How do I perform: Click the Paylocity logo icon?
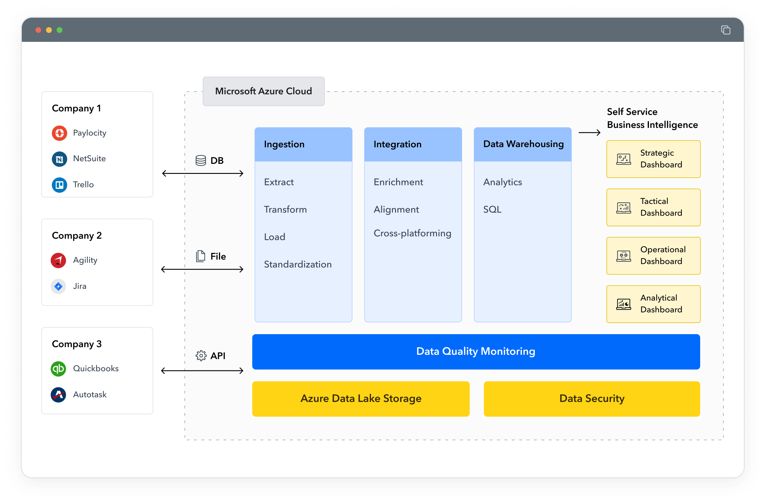click(60, 133)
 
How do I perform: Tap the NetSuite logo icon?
click(60, 159)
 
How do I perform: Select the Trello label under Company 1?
click(83, 184)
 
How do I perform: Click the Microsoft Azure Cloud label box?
click(263, 91)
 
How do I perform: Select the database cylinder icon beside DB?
click(201, 160)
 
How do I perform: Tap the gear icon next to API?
click(201, 355)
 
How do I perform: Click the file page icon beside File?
click(201, 256)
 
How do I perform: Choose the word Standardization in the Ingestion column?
click(298, 264)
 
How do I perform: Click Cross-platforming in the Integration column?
click(412, 233)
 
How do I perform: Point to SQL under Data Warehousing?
click(492, 209)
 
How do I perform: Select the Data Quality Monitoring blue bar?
click(476, 352)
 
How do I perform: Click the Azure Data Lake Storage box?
click(361, 399)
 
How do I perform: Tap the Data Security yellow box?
click(591, 399)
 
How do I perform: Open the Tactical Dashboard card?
click(653, 207)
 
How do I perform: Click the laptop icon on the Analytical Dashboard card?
click(623, 304)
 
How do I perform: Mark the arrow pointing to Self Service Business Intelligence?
click(589, 132)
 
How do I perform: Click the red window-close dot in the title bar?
click(38, 30)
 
